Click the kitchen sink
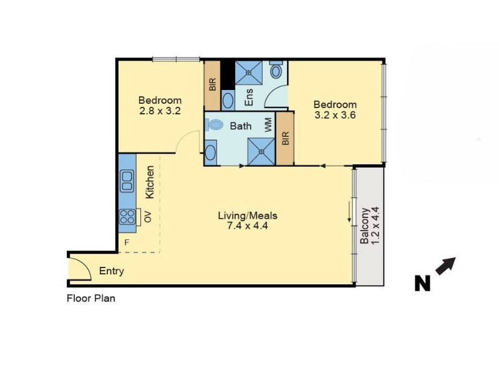(x=127, y=181)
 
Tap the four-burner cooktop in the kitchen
(x=127, y=216)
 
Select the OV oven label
(x=148, y=217)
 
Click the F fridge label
(x=127, y=242)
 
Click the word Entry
(x=112, y=271)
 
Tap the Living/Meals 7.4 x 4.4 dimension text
(x=247, y=226)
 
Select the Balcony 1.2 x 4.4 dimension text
(x=375, y=226)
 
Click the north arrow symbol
(x=445, y=266)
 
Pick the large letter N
(x=422, y=283)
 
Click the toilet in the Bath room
(x=214, y=124)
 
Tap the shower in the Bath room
(x=261, y=151)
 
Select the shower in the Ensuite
(x=248, y=72)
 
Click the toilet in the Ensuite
(x=276, y=69)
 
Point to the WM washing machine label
(x=268, y=126)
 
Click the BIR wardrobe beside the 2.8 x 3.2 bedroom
(x=212, y=86)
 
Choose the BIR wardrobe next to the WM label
(x=285, y=138)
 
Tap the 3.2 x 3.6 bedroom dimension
(x=335, y=115)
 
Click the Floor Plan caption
(x=91, y=299)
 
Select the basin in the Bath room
(x=210, y=152)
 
